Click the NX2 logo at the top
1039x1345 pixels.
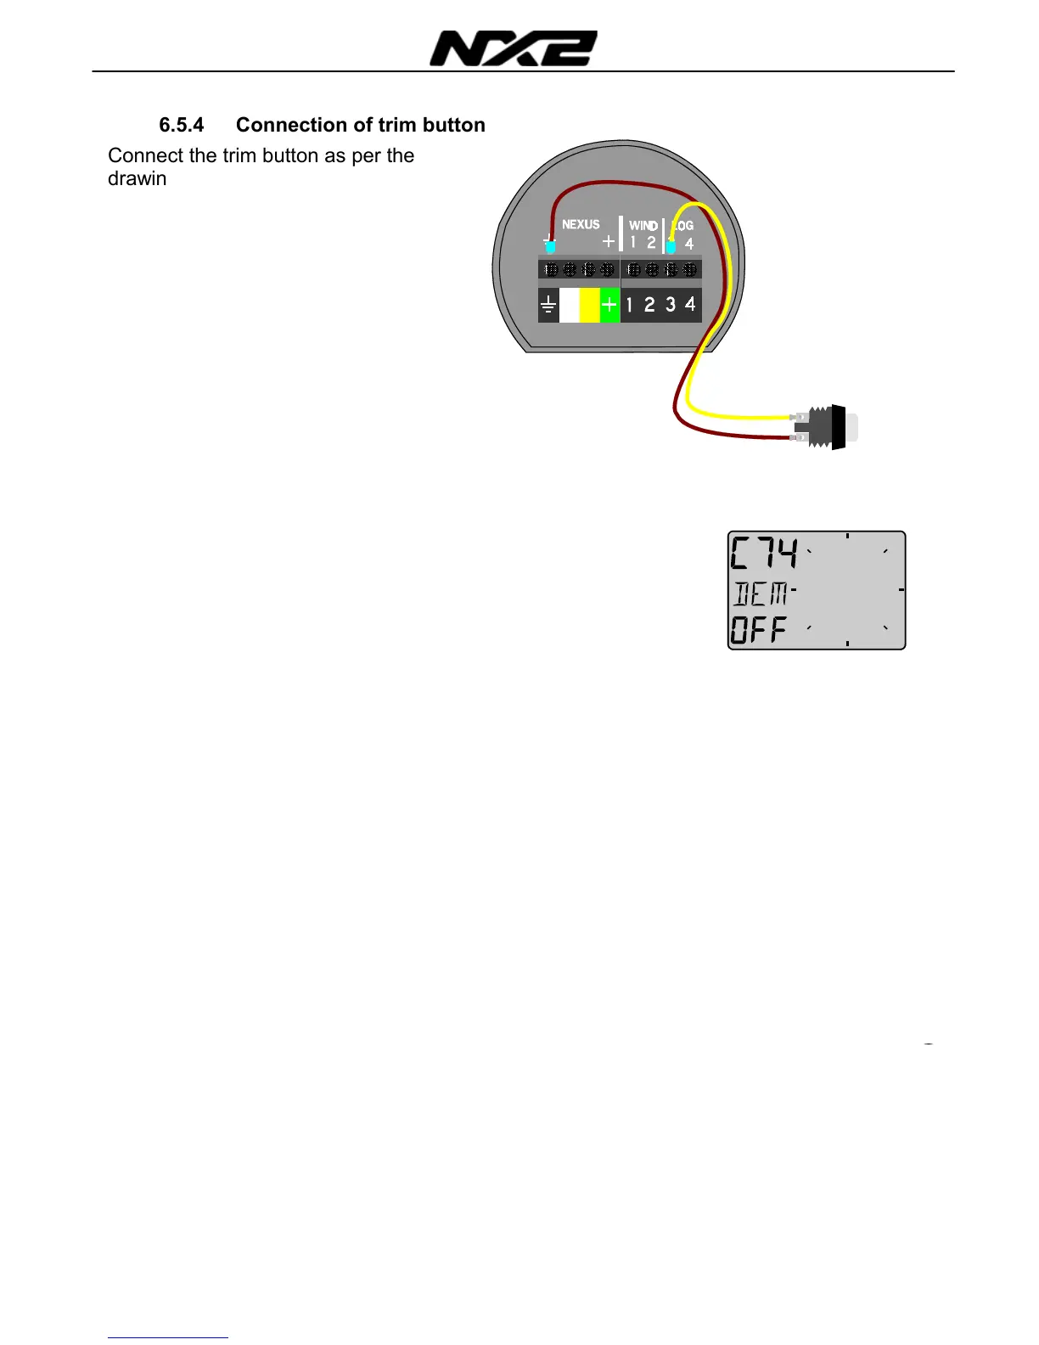tap(513, 48)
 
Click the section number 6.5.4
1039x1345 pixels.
tap(182, 125)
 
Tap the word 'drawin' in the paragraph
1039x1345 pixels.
tap(137, 178)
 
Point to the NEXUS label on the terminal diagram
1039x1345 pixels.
tap(581, 224)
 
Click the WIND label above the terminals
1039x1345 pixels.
tap(643, 225)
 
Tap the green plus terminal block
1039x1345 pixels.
tap(609, 305)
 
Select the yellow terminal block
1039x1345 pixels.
tap(589, 305)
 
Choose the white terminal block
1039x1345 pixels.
tap(569, 305)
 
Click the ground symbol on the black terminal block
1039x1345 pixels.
tap(548, 305)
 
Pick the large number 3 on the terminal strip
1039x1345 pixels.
tap(671, 304)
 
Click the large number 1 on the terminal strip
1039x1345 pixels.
tap(629, 304)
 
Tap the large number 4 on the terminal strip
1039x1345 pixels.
tap(690, 303)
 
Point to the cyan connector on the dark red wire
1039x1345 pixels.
tap(550, 247)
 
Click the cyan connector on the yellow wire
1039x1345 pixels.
tap(671, 247)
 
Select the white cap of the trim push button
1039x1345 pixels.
tap(851, 428)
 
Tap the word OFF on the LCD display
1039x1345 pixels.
tap(759, 629)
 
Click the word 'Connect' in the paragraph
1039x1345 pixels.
tap(145, 155)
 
